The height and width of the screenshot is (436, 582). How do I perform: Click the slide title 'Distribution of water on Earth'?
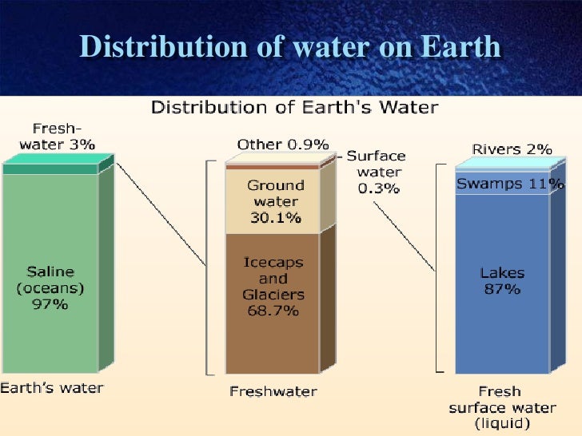pyautogui.click(x=290, y=47)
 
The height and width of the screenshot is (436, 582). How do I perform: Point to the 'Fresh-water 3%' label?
pyautogui.click(x=58, y=137)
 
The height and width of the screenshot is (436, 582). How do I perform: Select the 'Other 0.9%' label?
pyautogui.click(x=283, y=145)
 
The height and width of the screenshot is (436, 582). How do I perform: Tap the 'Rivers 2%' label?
pyautogui.click(x=501, y=149)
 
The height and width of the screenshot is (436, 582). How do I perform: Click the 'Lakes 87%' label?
pyautogui.click(x=502, y=280)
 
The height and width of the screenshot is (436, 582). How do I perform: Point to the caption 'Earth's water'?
pyautogui.click(x=52, y=388)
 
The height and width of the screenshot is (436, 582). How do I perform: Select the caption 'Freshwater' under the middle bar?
pyautogui.click(x=273, y=391)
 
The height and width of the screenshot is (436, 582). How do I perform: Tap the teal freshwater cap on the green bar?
pyautogui.click(x=50, y=168)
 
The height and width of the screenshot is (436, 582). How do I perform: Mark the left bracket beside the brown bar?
pyautogui.click(x=209, y=268)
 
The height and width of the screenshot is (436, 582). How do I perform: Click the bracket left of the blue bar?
pyautogui.click(x=439, y=268)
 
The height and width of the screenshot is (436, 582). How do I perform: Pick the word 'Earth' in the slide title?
pyautogui.click(x=459, y=47)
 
